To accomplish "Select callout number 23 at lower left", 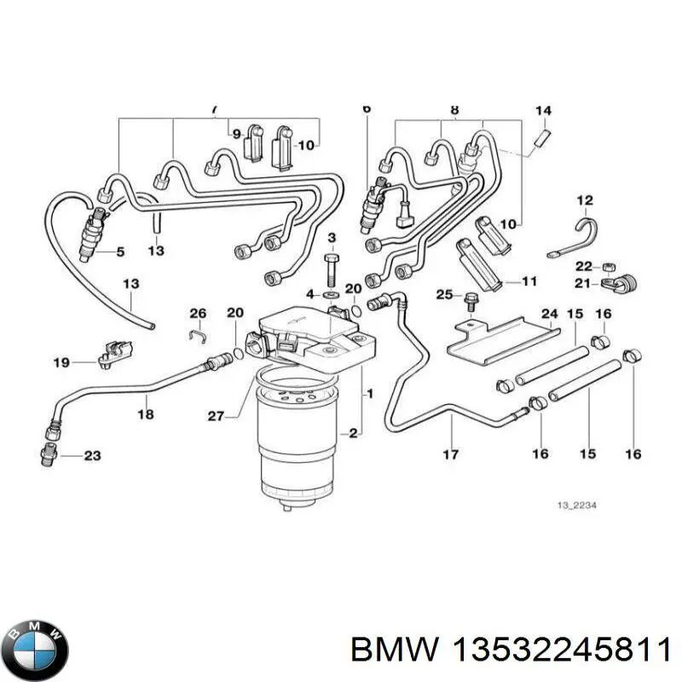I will tap(91, 456).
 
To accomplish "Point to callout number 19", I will tap(61, 363).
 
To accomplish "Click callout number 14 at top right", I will tap(543, 111).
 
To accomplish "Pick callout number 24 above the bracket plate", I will tap(549, 314).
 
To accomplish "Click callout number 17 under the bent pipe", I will tap(451, 454).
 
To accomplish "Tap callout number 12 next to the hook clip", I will tap(584, 201).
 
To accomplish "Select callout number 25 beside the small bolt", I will tap(443, 294).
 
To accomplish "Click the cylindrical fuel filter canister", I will tap(296, 443).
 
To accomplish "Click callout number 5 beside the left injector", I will tap(119, 251).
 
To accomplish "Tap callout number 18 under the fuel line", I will tap(146, 414).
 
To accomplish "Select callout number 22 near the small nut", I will tap(582, 265).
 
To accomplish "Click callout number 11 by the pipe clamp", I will tap(529, 280).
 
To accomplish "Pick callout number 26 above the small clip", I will tap(198, 313).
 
